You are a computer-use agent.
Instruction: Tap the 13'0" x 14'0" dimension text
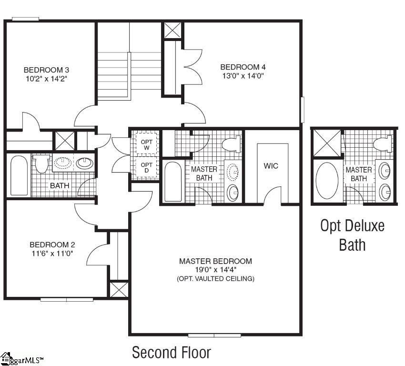[242, 75]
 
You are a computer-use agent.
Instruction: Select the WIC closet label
[271, 166]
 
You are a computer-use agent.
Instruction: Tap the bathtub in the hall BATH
[19, 175]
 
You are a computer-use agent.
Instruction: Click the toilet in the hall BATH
[41, 163]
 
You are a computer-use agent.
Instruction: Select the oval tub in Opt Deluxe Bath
[326, 181]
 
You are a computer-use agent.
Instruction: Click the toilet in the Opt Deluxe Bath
[383, 143]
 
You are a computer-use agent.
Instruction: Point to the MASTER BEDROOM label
[215, 261]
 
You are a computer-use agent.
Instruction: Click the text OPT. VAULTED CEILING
[215, 278]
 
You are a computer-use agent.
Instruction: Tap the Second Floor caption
[171, 353]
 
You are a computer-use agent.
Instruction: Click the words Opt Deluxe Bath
[352, 235]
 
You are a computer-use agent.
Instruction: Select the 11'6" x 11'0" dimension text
[52, 254]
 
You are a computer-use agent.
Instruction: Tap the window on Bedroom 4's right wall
[302, 110]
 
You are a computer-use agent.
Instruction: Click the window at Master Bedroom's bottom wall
[214, 335]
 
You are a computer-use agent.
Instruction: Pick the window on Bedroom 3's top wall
[25, 19]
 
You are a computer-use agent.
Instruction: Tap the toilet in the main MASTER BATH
[233, 143]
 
